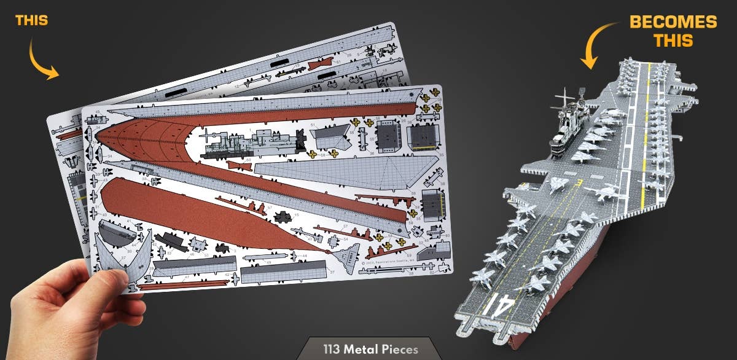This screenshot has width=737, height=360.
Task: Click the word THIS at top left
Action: tap(31, 20)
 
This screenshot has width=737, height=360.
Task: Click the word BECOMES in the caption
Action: tap(673, 23)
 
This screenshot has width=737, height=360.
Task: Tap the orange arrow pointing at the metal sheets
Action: tap(42, 61)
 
